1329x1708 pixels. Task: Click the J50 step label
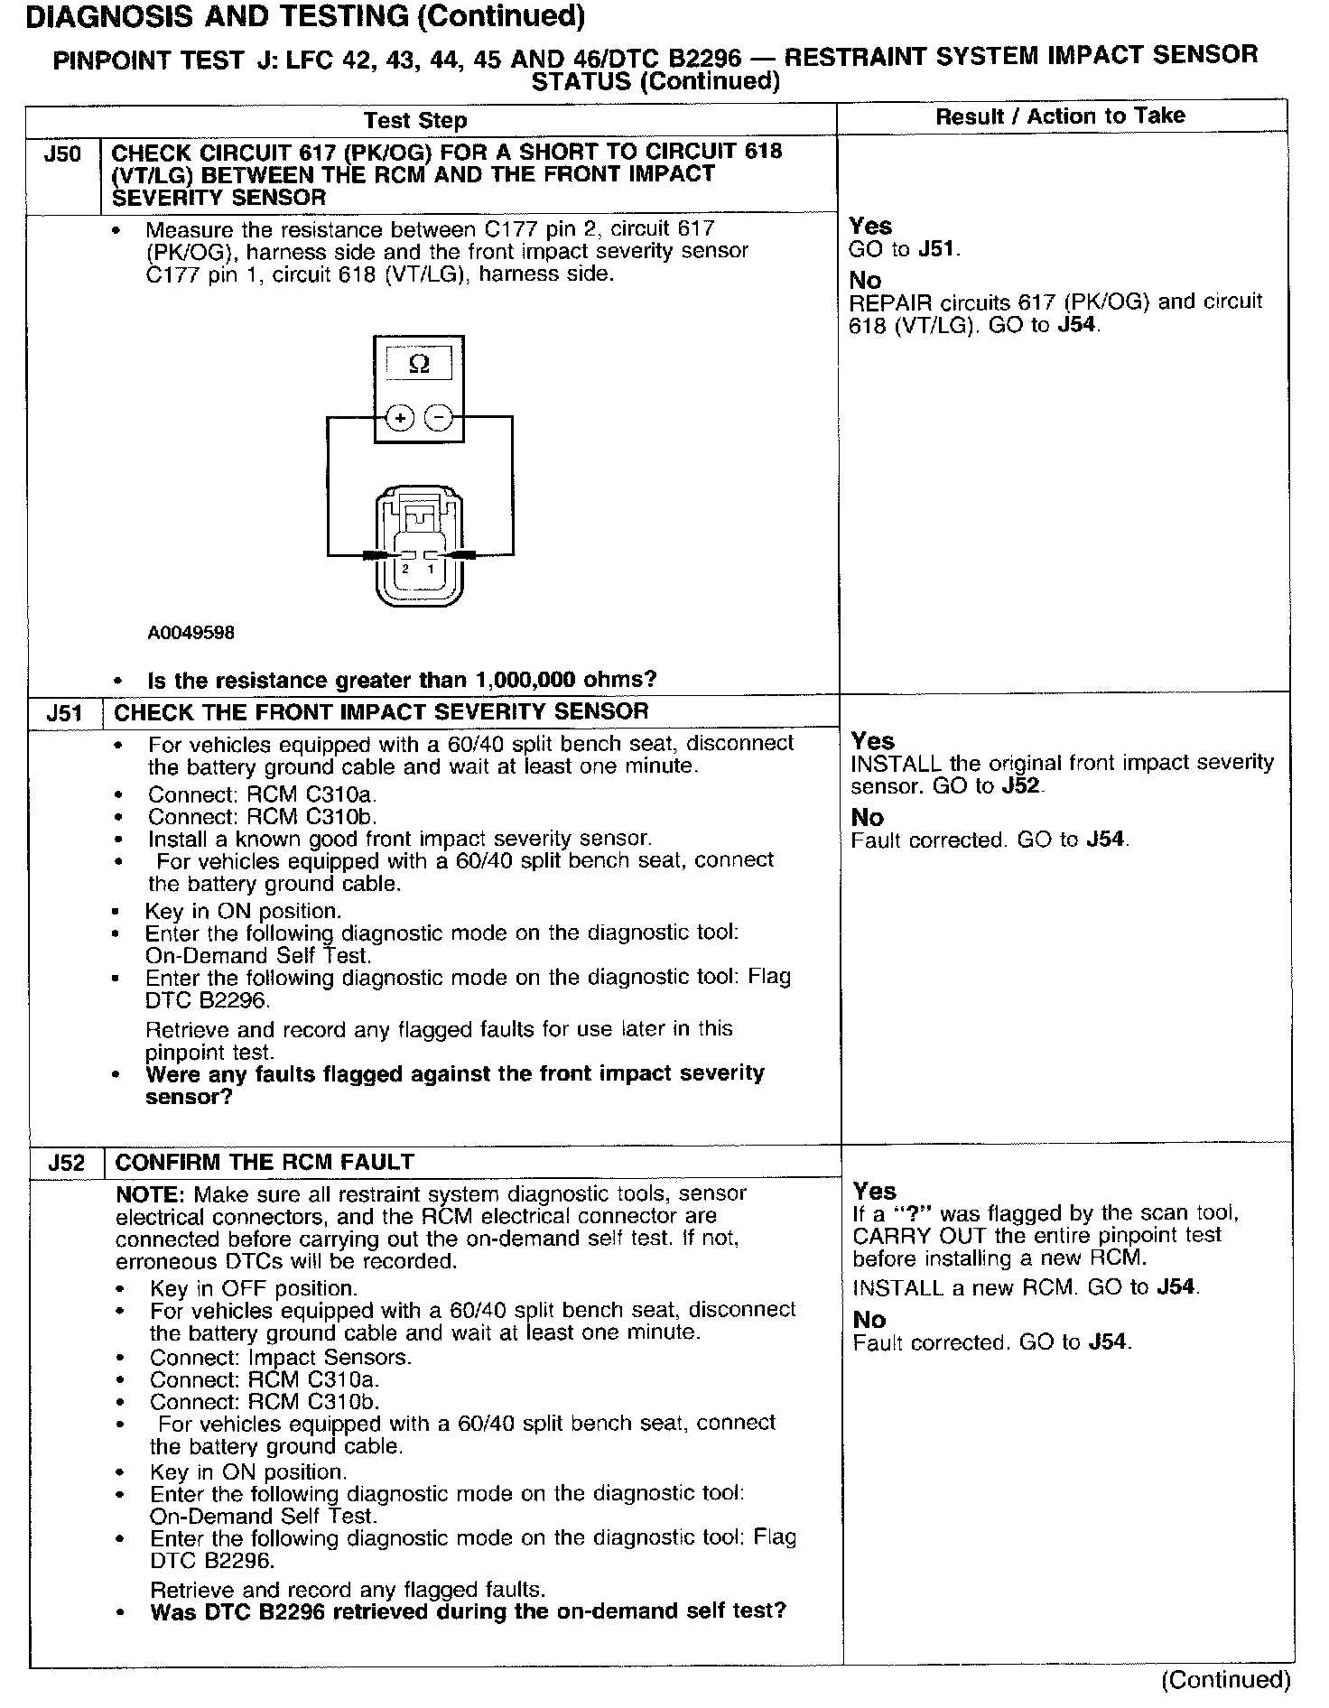pos(62,154)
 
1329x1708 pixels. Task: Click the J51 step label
pos(65,714)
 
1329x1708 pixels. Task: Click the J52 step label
pos(67,1163)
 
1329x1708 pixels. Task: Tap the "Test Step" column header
pos(415,121)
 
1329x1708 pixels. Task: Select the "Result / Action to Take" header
pos(1060,116)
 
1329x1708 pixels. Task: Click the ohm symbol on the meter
pos(419,364)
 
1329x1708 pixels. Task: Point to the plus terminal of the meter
pos(400,418)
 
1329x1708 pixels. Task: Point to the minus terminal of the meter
pos(439,418)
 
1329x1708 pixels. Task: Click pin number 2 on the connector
pos(405,570)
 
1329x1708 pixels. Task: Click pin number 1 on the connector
pos(431,570)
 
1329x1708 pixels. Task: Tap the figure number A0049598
pos(191,633)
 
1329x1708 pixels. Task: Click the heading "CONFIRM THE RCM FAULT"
pos(265,1162)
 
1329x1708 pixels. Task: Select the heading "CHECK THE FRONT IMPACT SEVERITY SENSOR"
pos(381,711)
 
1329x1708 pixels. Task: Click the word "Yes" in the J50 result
pos(870,227)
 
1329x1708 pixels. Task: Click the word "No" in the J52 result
pos(869,1320)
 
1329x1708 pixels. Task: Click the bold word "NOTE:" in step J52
pos(150,1194)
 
